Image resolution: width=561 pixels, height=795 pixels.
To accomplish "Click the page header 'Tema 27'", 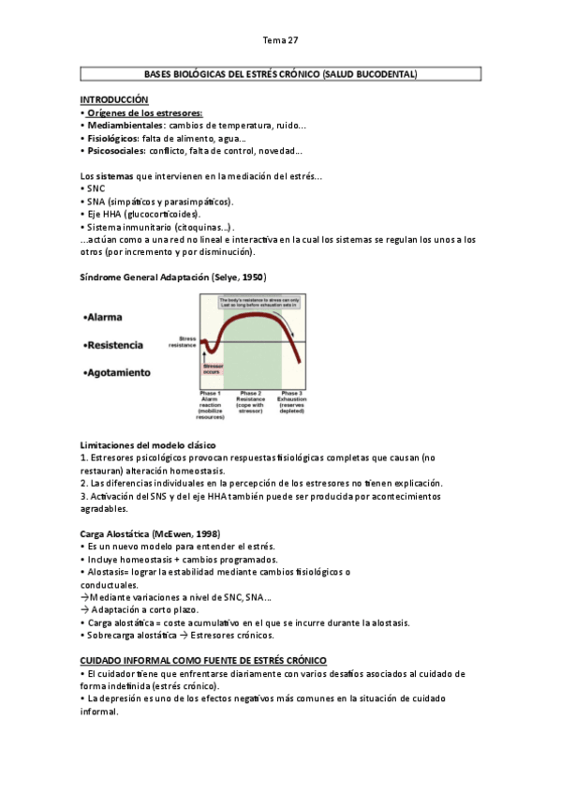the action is [x=280, y=40].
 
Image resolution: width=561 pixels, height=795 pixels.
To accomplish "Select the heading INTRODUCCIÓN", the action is [x=114, y=99].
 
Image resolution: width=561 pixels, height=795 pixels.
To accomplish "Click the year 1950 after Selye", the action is [x=251, y=277].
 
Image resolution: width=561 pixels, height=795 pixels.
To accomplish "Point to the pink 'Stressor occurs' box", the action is [x=213, y=369].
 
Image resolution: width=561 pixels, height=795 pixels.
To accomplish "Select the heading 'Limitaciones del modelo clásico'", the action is [x=148, y=443].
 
